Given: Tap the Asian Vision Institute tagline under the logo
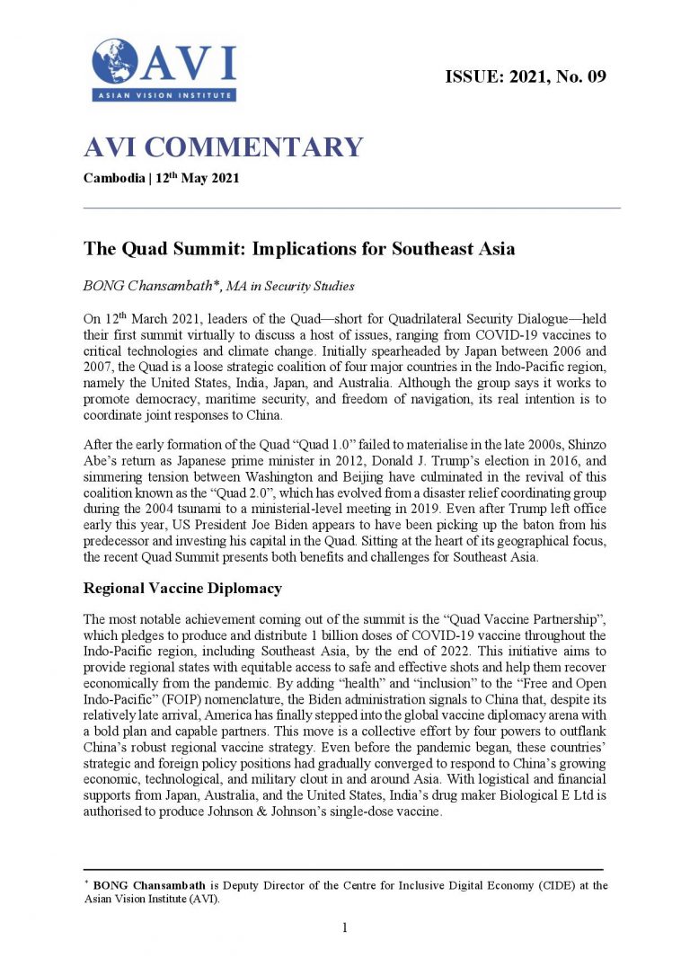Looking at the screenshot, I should (x=162, y=95).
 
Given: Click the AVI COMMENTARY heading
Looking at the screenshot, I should (x=223, y=147).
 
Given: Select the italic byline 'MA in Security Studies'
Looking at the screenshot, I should (x=294, y=287).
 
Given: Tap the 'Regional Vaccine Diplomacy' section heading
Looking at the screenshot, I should (x=182, y=589).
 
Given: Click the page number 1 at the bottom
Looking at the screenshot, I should (x=345, y=927).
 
